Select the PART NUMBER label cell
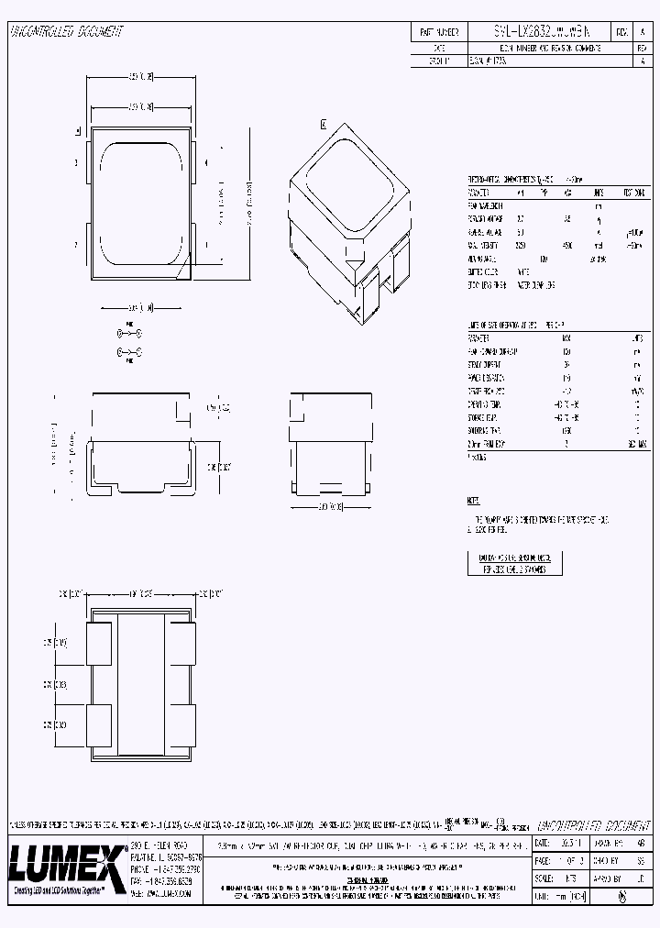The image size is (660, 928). (x=437, y=31)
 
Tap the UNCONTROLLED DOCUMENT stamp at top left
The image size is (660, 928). (x=66, y=32)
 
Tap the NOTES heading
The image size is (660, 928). (x=473, y=502)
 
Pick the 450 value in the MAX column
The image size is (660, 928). (x=567, y=246)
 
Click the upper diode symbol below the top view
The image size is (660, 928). (x=128, y=336)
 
